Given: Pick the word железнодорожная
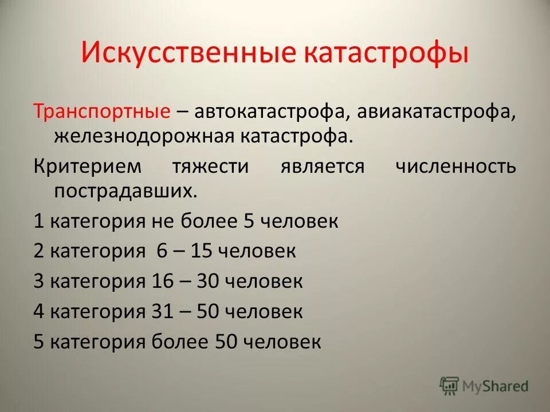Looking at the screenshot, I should pyautogui.click(x=143, y=137).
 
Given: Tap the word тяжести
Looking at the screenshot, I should pyautogui.click(x=210, y=166).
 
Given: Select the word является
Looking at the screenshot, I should pyautogui.click(x=323, y=166).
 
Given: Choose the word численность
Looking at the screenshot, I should pyautogui.click(x=455, y=166).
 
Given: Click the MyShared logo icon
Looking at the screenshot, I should pyautogui.click(x=449, y=386).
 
